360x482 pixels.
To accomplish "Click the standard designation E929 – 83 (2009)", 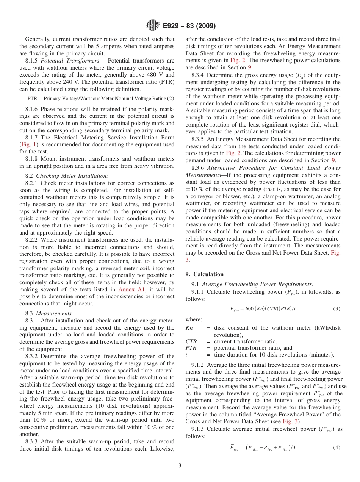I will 189,26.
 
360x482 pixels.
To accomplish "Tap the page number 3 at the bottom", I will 180,466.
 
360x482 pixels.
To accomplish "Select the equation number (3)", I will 337,309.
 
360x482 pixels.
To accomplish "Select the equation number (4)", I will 337,448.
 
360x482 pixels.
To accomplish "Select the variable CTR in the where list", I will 191,341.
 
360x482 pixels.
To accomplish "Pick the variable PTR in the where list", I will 191,348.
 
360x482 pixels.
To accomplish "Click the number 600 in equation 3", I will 249,309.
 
